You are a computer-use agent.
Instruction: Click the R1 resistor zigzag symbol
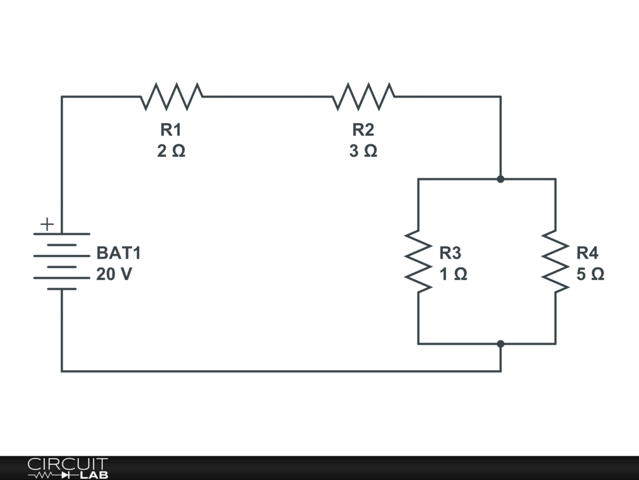[172, 97]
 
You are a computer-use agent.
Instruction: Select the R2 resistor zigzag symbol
[364, 97]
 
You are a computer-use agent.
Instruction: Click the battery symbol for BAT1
[62, 261]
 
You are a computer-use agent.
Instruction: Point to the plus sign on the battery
[47, 224]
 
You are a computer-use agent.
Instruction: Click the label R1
[171, 130]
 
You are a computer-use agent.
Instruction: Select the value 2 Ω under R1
[171, 151]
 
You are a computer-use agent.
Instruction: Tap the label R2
[363, 130]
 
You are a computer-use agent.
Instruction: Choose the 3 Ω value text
[363, 151]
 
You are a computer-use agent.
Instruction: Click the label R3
[451, 253]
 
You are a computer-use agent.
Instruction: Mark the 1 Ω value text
[453, 274]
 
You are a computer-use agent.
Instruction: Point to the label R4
[587, 253]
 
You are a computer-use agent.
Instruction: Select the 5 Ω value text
[590, 274]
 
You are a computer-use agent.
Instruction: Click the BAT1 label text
[119, 253]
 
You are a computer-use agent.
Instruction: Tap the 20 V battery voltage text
[114, 274]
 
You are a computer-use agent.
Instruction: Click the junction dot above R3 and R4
[501, 179]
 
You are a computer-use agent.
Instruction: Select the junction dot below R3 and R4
[501, 344]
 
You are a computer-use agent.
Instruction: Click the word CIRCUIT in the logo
[68, 464]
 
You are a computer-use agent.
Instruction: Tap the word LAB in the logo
[94, 475]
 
